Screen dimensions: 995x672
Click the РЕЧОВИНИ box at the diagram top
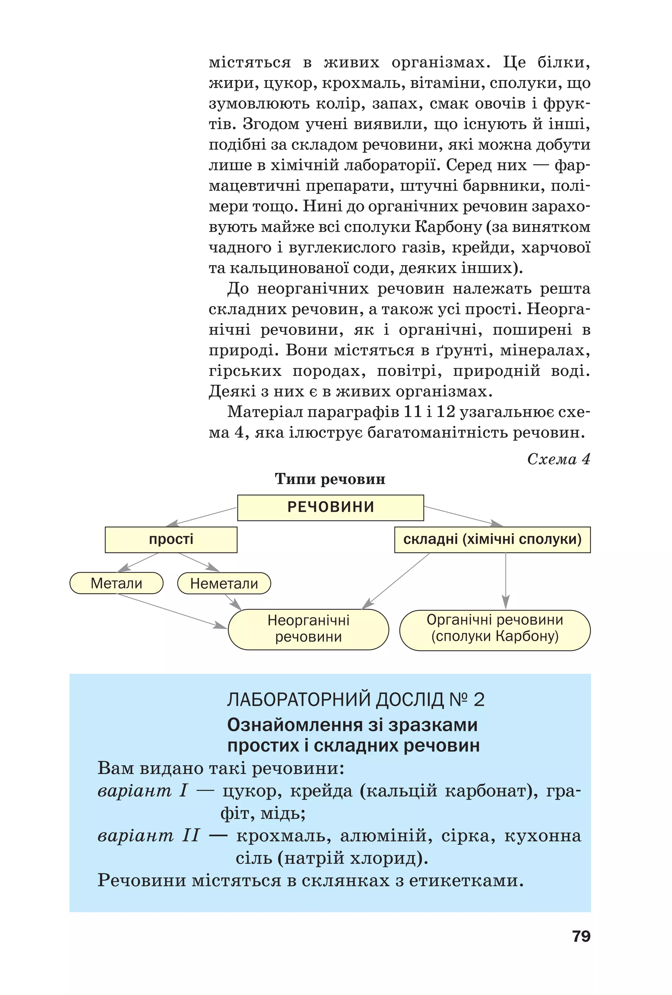tap(330, 507)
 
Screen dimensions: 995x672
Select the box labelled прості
tap(171, 539)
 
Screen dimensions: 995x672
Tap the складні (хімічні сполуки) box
tap(492, 539)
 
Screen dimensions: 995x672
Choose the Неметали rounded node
tap(224, 583)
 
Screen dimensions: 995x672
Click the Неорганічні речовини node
tap(308, 628)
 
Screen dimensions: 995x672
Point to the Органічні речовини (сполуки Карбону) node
tap(495, 628)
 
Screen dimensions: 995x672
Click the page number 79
tap(581, 936)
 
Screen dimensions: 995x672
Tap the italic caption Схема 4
tap(558, 459)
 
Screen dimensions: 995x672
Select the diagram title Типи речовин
tap(330, 479)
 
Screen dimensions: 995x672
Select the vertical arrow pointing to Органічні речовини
tap(506, 580)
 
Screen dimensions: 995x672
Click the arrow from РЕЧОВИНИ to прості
tap(201, 517)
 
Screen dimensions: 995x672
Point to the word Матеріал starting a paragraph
tap(265, 412)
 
